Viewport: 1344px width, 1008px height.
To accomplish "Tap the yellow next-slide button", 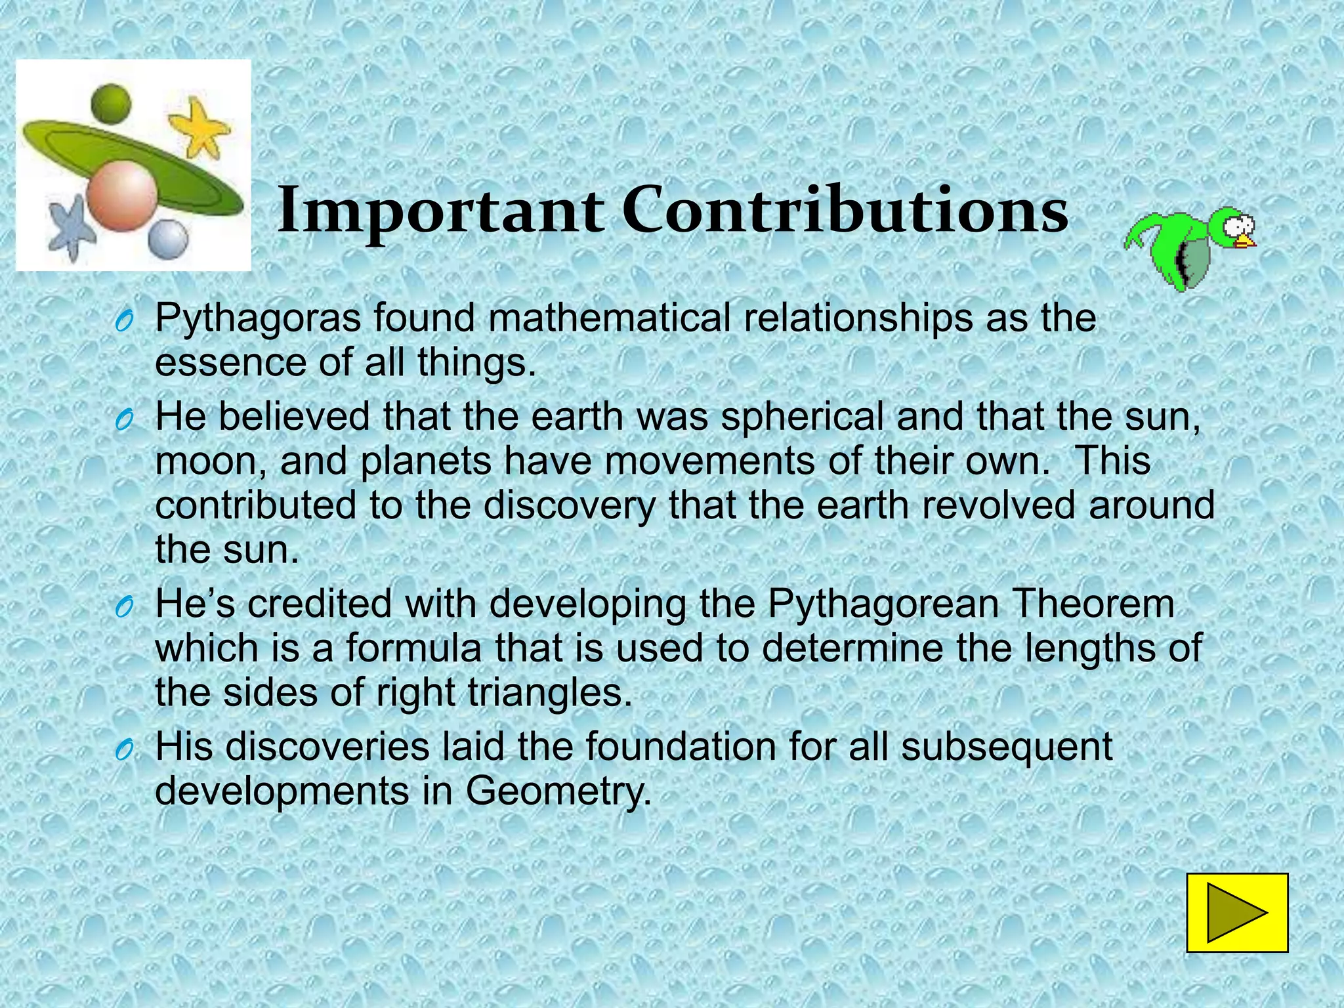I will coord(1237,912).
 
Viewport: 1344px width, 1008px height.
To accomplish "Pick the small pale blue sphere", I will coord(168,239).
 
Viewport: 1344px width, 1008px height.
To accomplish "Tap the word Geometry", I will coord(558,791).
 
